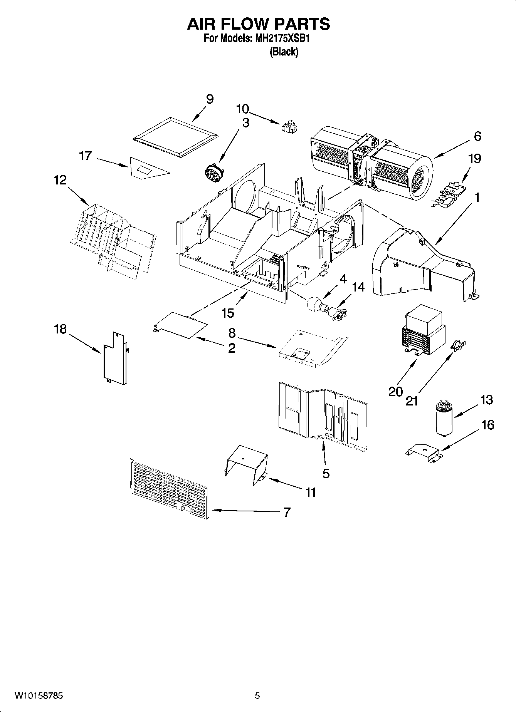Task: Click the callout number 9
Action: tap(209, 99)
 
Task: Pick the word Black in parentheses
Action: tap(284, 52)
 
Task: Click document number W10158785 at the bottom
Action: tap(39, 696)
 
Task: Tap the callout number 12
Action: tap(60, 179)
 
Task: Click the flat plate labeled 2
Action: tap(179, 324)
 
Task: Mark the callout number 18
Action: tap(60, 329)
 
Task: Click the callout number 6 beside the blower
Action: tap(477, 136)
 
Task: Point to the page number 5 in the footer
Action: tap(257, 696)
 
